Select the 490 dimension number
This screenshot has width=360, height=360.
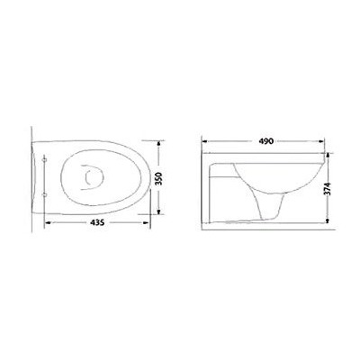click(x=264, y=141)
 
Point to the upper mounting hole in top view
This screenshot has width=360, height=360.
click(x=46, y=159)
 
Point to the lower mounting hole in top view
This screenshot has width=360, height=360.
click(x=46, y=194)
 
